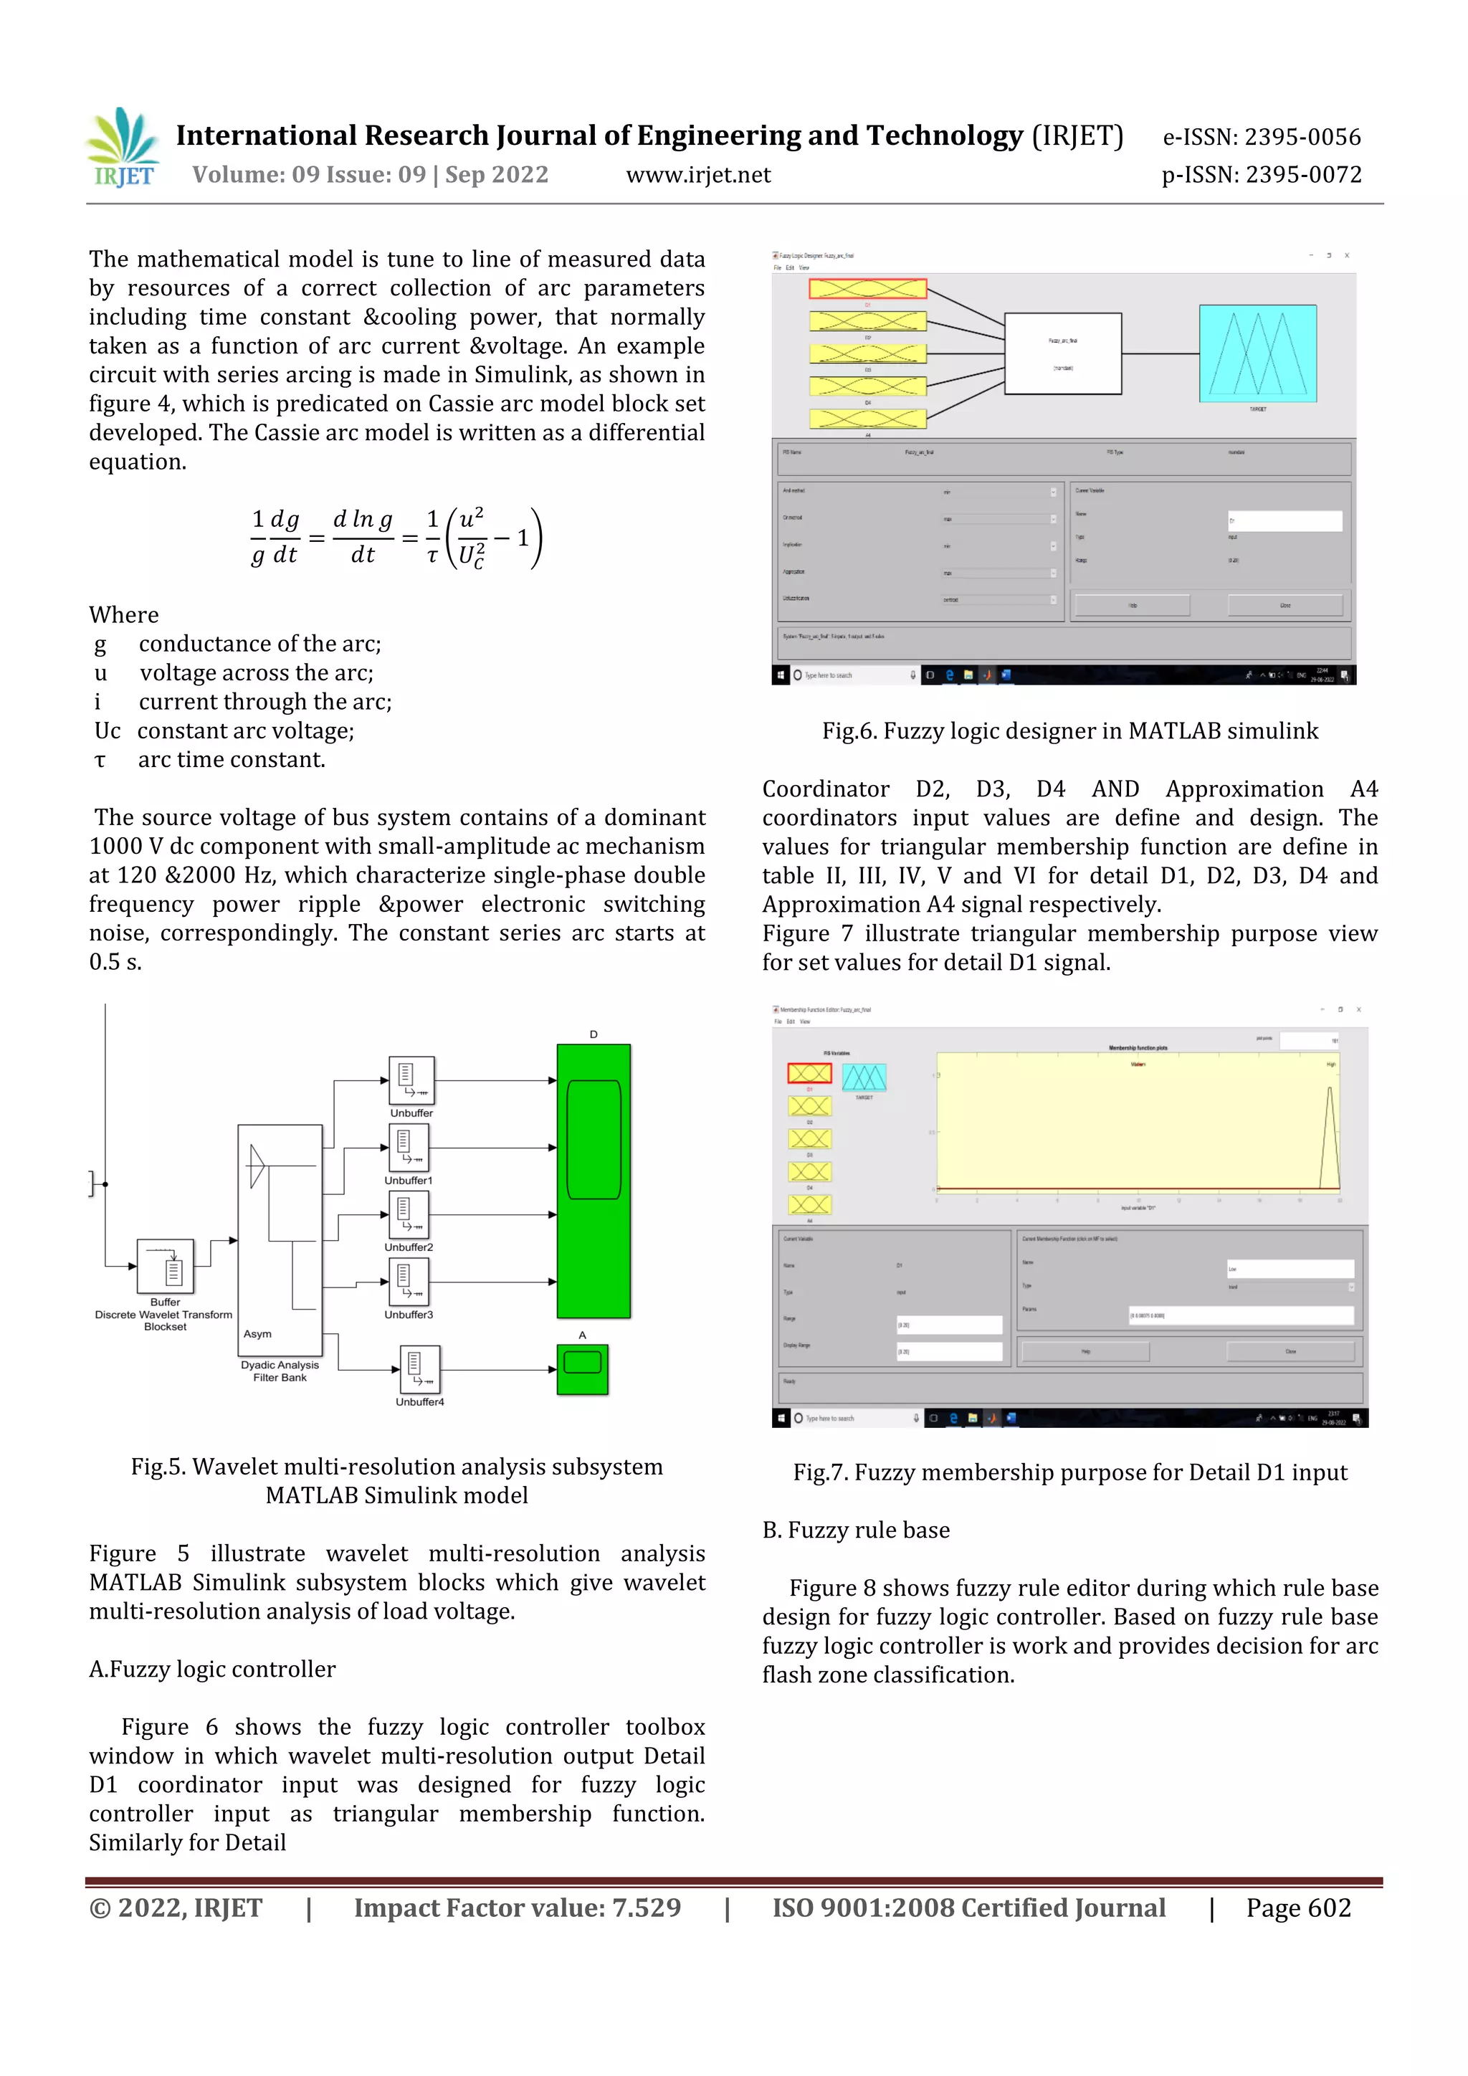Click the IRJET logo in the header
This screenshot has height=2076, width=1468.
[124, 148]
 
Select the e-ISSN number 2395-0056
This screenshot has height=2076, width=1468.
[1261, 138]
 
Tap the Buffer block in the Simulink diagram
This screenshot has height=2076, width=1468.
[166, 1266]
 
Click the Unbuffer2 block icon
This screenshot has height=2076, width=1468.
[409, 1214]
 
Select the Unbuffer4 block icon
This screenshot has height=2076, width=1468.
[419, 1370]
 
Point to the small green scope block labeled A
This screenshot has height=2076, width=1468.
[582, 1369]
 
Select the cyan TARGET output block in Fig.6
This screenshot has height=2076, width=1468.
[1257, 353]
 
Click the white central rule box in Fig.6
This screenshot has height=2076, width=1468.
[1063, 353]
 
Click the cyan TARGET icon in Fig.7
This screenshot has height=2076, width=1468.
[864, 1077]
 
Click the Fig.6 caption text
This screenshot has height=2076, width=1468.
[1069, 730]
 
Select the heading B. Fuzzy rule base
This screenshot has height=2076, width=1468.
[855, 1530]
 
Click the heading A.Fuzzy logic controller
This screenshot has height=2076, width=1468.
[211, 1669]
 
